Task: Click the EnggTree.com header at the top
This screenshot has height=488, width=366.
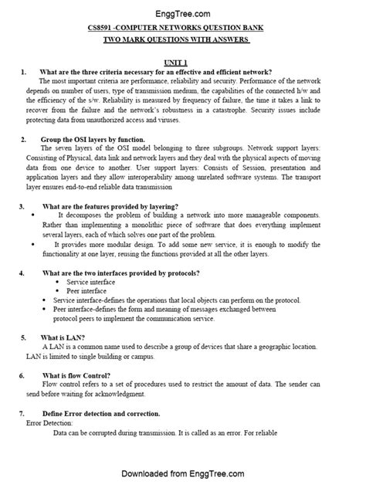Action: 183,13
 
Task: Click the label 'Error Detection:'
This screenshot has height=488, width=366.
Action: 49,424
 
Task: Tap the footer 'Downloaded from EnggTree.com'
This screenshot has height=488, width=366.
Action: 183,473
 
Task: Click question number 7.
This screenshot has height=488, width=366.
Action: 23,414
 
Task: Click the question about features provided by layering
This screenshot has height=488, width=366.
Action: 111,207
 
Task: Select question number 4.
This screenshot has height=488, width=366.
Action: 22,273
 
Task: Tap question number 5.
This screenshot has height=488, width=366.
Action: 23,337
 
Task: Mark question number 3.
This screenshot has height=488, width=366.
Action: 22,207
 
